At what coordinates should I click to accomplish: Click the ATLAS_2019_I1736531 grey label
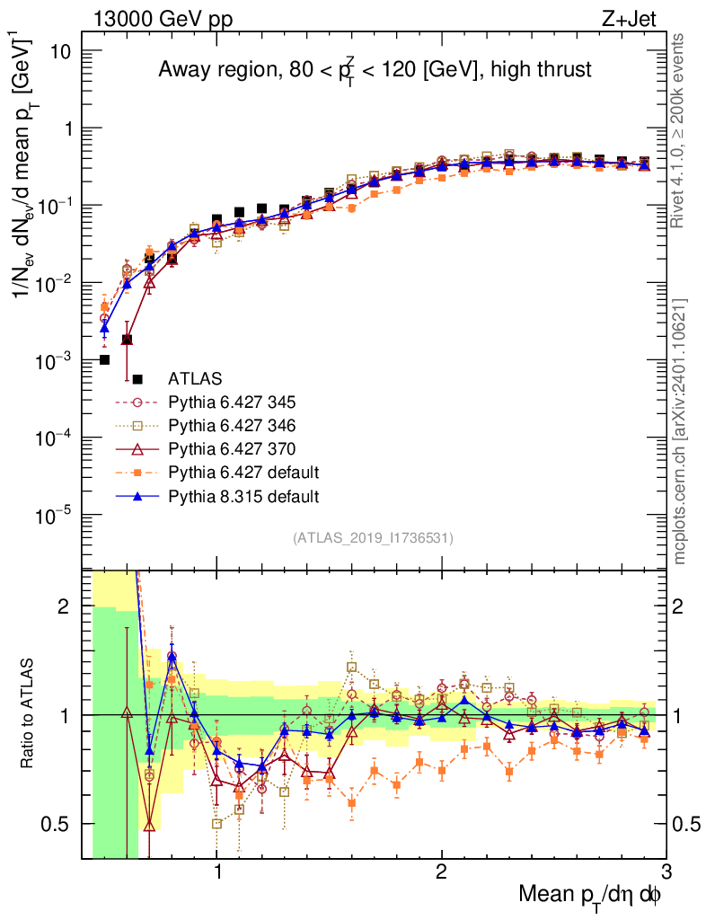373,538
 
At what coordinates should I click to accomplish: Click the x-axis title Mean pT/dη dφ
590,895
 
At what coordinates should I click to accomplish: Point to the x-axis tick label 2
441,871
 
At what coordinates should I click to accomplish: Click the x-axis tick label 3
665,871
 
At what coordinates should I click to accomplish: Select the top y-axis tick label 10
60,51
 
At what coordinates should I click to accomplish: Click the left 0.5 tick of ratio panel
57,824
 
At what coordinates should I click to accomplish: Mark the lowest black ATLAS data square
104,359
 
